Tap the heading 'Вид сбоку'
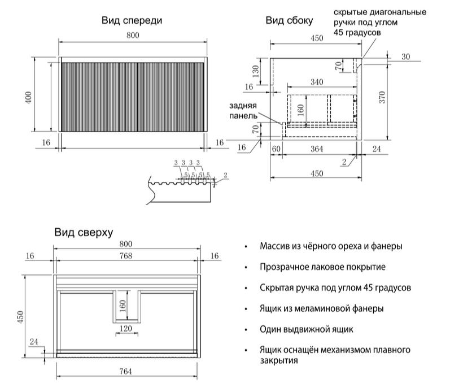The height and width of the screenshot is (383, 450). [x=289, y=21]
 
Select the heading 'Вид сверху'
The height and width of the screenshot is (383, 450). [x=84, y=232]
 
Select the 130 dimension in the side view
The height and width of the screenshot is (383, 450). [x=256, y=72]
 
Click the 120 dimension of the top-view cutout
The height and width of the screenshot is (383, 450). [x=126, y=328]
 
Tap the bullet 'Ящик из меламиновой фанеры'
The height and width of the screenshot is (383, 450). [x=322, y=308]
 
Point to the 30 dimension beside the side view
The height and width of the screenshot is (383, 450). [x=405, y=56]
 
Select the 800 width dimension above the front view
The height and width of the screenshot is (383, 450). [x=133, y=36]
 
